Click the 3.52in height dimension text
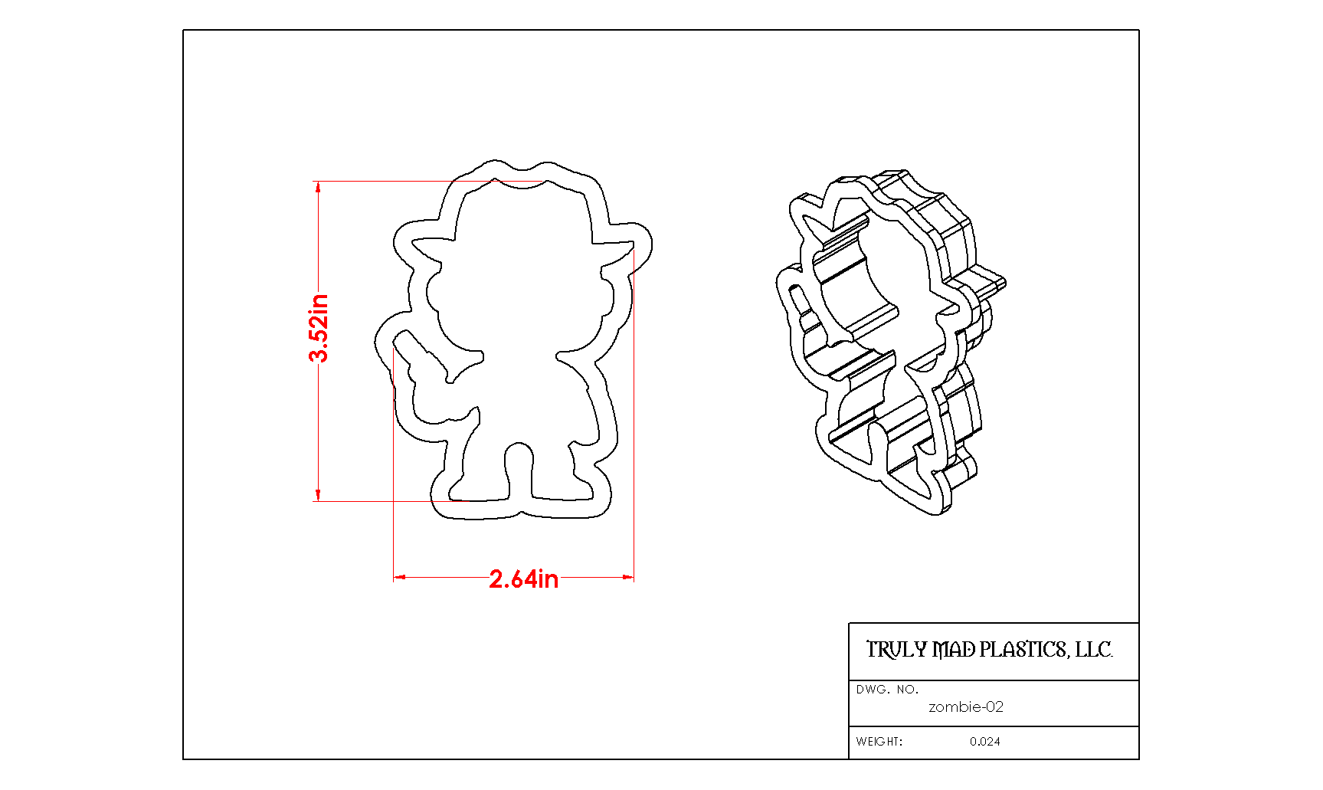[319, 327]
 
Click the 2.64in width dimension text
[524, 579]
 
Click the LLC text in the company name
[1093, 650]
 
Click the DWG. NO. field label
[887, 690]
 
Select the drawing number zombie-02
[966, 706]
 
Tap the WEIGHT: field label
[879, 742]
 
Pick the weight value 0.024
[985, 742]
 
